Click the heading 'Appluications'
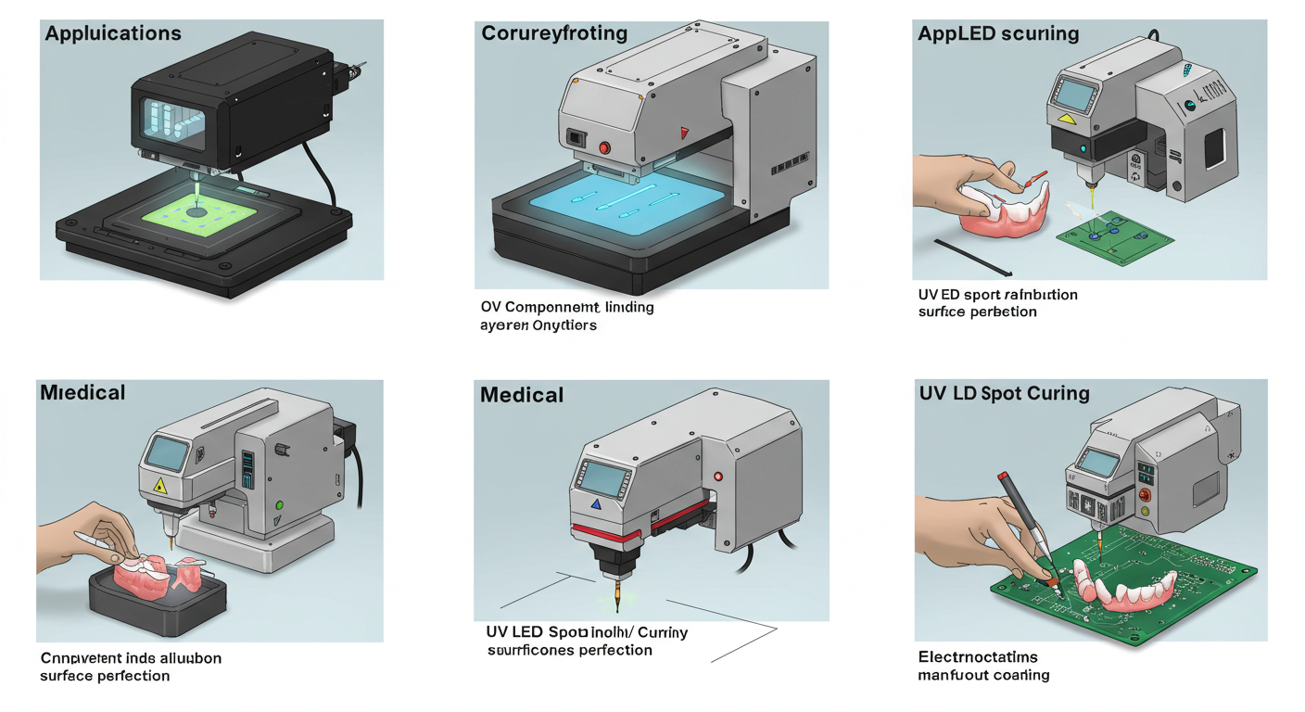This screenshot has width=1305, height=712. point(113,34)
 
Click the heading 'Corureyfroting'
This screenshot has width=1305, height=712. point(554,34)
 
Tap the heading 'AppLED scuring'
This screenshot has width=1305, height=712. point(998,34)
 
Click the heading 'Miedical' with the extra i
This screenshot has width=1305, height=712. point(82,393)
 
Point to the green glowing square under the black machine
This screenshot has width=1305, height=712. point(196,212)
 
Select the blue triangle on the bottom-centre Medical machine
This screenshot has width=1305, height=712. point(596,504)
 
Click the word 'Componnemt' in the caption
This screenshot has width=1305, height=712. point(554,307)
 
